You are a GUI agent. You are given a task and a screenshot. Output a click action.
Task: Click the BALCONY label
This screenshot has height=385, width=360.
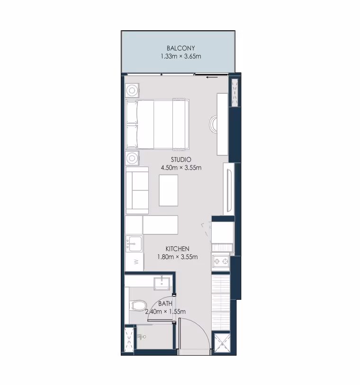[x=181, y=48]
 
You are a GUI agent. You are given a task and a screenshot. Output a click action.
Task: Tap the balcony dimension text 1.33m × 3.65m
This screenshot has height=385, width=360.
[x=181, y=56]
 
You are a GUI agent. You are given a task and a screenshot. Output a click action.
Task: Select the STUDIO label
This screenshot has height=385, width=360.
[x=181, y=160]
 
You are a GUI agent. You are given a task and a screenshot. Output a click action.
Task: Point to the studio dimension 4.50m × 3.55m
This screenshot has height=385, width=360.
[x=181, y=168]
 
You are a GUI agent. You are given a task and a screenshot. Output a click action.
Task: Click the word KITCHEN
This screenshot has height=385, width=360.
[x=177, y=249]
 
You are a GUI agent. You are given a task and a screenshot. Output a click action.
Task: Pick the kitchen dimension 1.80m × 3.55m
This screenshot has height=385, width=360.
[x=177, y=257]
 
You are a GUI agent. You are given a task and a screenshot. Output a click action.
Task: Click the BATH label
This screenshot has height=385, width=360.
[x=165, y=304]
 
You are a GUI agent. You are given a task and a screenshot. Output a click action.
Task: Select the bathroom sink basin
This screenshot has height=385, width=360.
[x=162, y=284]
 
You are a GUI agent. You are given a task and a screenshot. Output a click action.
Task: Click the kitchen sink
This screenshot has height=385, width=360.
[x=134, y=243]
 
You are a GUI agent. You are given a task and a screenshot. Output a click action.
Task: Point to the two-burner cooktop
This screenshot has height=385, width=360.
[x=221, y=262]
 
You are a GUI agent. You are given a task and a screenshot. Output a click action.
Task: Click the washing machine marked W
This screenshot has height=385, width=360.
[x=134, y=262]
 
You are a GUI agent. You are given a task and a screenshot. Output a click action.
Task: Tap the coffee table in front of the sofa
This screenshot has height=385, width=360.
[x=169, y=190]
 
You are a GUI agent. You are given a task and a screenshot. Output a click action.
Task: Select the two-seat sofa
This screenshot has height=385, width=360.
[x=137, y=190]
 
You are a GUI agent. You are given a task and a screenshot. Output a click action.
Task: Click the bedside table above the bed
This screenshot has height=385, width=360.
[x=132, y=90]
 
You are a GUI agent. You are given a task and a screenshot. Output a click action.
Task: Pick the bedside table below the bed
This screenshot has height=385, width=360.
[x=132, y=158]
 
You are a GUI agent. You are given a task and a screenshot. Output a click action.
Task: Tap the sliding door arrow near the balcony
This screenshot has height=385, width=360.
[x=212, y=77]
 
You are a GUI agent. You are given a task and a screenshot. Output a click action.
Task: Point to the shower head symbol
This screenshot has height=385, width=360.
[x=142, y=337]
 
